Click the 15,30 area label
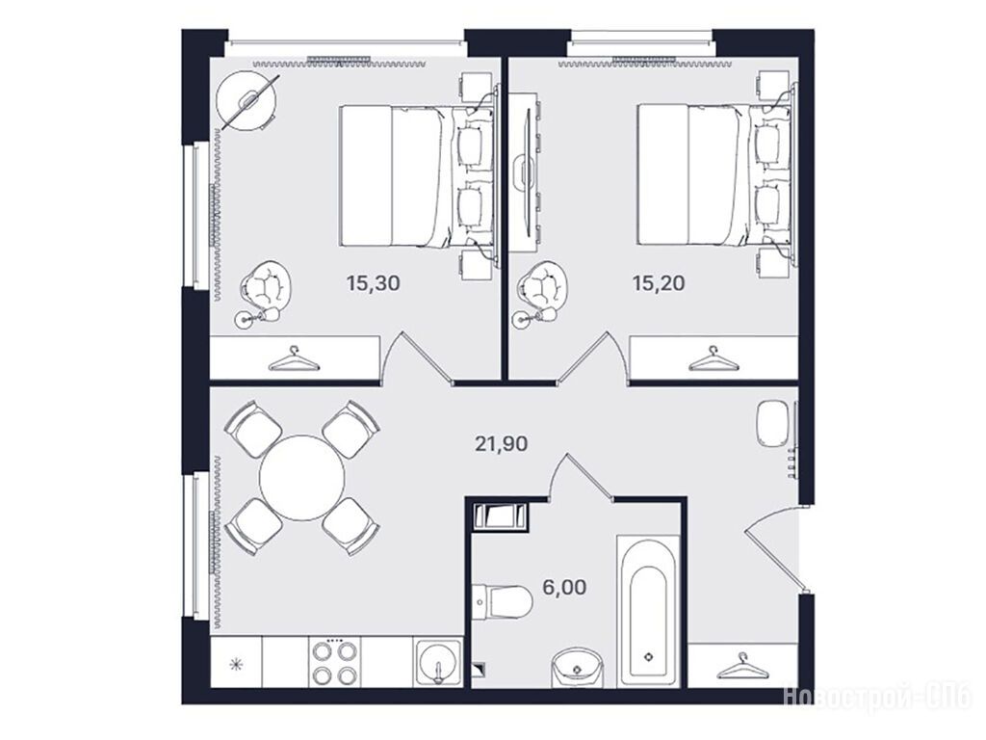pyautogui.click(x=373, y=283)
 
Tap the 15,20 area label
pyautogui.click(x=659, y=283)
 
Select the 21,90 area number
pyautogui.click(x=501, y=444)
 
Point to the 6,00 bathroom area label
pyautogui.click(x=564, y=588)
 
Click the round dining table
pyautogui.click(x=301, y=478)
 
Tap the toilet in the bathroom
pyautogui.click(x=502, y=601)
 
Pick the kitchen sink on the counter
pyautogui.click(x=438, y=662)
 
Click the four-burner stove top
pyautogui.click(x=333, y=662)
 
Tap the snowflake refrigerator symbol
pyautogui.click(x=236, y=664)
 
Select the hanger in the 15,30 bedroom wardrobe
pyautogui.click(x=295, y=358)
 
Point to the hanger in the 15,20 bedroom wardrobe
pyautogui.click(x=714, y=358)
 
